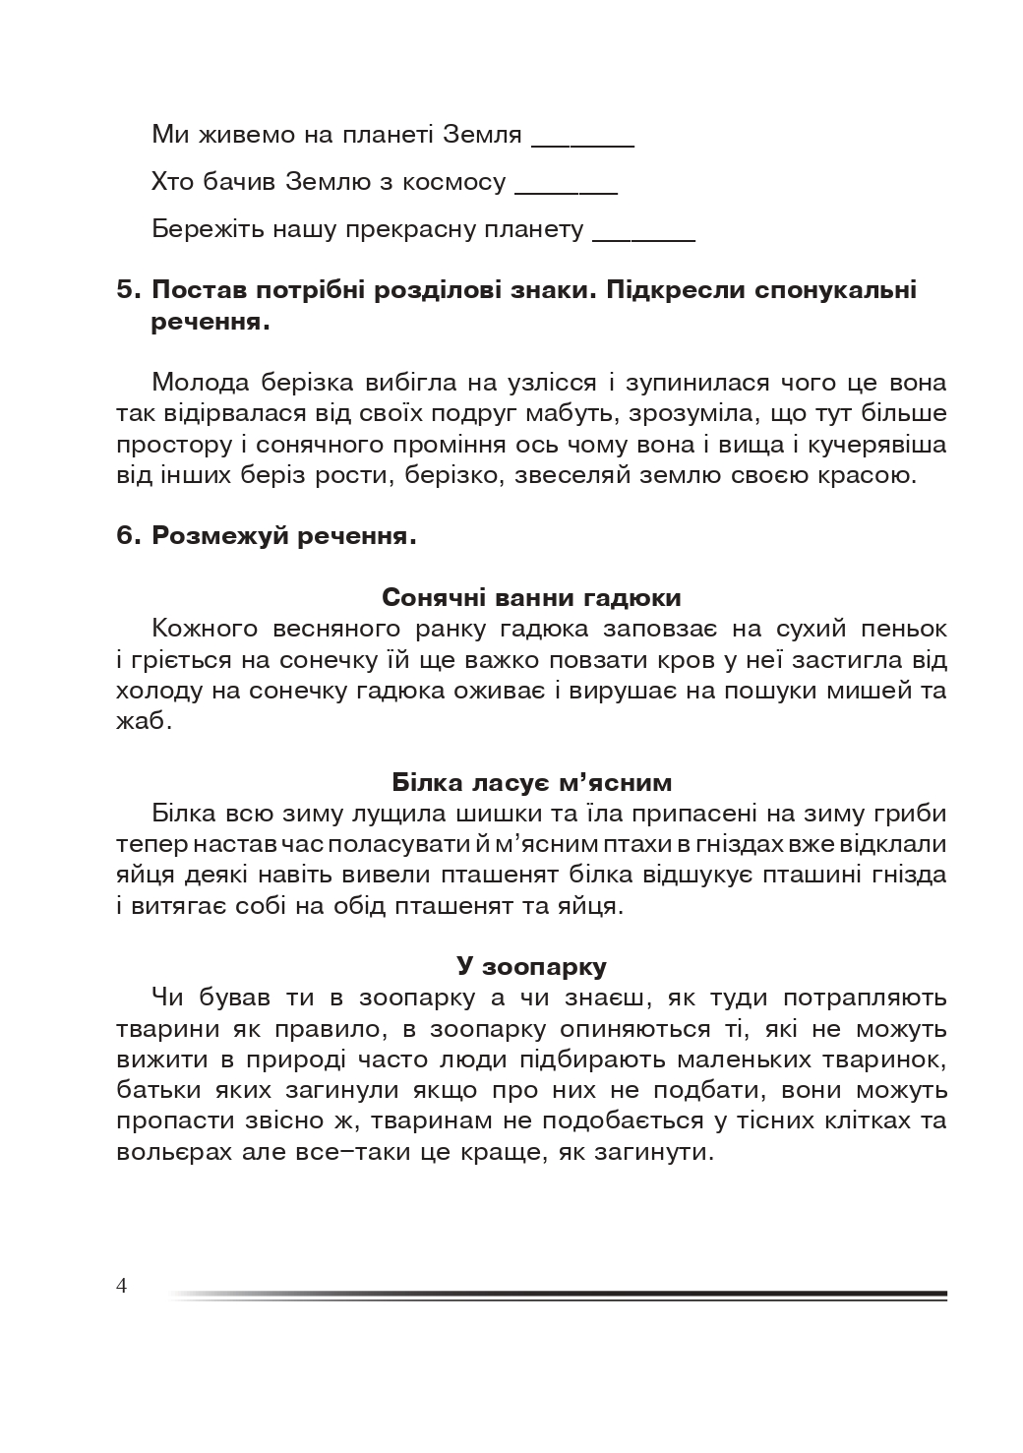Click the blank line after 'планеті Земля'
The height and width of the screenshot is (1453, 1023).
pos(582,144)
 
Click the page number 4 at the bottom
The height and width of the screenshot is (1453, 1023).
pos(122,1286)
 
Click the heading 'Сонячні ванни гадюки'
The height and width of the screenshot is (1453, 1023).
pos(531,597)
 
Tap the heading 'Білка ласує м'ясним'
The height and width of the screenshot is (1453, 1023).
pos(531,782)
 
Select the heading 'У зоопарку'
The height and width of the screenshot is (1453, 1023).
pos(531,966)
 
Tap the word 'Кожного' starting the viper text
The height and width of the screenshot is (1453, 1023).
pos(205,629)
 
